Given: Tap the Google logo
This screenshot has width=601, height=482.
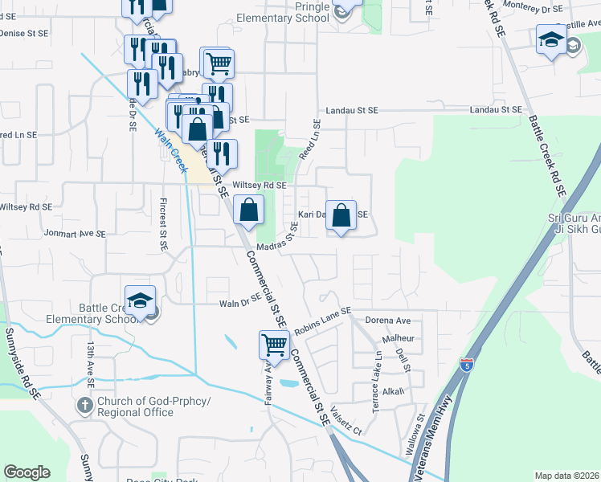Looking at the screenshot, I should (x=27, y=472).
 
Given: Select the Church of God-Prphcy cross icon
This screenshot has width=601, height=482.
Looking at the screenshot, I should (x=85, y=405).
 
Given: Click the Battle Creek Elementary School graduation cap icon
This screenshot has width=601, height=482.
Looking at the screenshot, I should (x=140, y=300).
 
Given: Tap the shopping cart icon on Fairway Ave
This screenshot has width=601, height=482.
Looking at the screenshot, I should (x=274, y=344).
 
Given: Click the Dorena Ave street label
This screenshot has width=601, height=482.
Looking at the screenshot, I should (x=388, y=320).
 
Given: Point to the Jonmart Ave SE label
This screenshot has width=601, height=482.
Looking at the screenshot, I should (x=76, y=234).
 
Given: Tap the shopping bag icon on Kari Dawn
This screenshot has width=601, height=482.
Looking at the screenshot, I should (x=341, y=214).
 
